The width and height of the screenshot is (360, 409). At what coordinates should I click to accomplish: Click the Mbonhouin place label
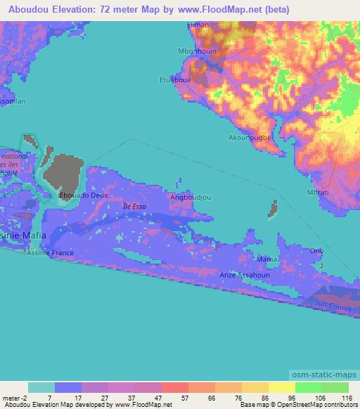198,51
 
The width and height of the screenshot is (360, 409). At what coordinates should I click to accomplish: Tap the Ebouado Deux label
84,195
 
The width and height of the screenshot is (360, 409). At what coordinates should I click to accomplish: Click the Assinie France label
50,252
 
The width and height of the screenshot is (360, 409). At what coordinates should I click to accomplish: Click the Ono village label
317,250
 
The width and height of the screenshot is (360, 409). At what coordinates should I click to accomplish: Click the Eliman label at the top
198,25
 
